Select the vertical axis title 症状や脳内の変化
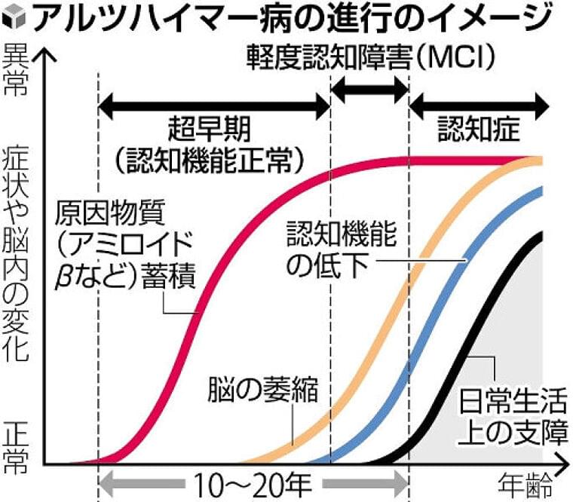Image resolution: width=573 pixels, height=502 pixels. click(16, 249)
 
